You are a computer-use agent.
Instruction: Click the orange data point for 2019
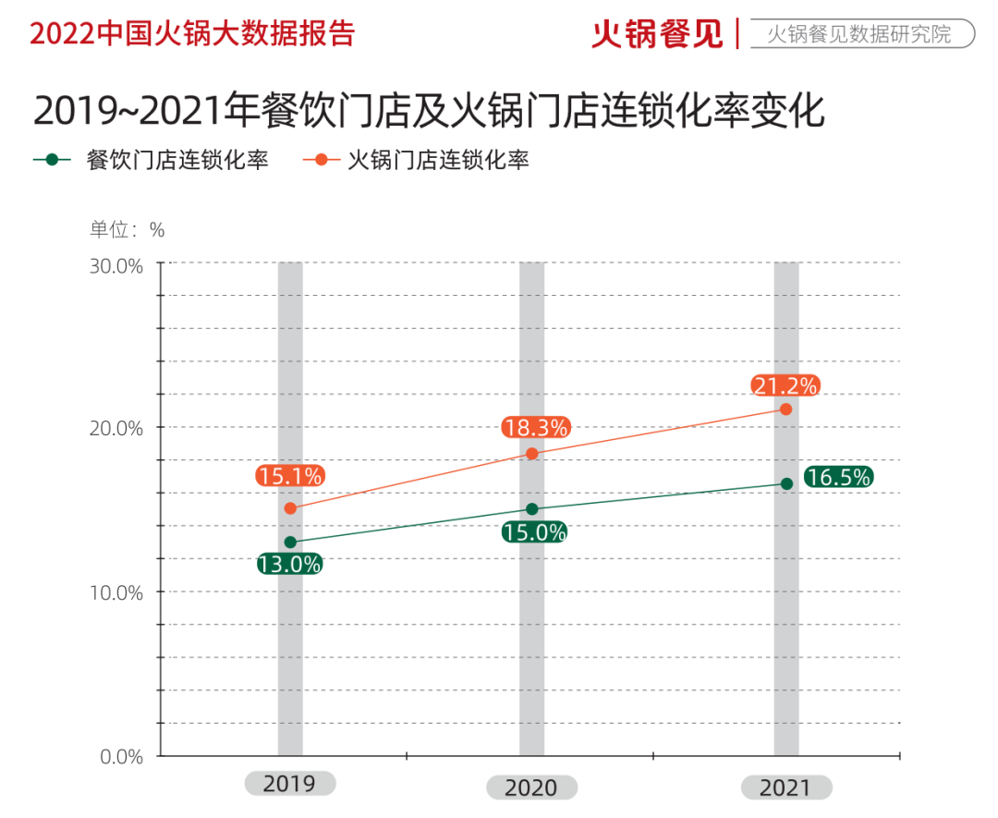(290, 508)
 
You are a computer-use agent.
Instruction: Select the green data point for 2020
(532, 509)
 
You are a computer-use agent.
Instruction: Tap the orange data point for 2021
(786, 409)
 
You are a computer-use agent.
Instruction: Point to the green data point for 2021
(786, 483)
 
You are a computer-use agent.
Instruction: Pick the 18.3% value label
(536, 428)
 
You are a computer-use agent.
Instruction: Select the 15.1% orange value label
(290, 477)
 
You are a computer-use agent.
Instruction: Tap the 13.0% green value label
(289, 564)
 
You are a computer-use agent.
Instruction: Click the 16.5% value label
(838, 477)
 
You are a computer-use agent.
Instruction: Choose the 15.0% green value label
(534, 532)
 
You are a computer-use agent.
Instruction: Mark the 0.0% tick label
(120, 757)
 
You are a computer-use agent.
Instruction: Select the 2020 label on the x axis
(531, 787)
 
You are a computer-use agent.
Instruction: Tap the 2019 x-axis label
(289, 784)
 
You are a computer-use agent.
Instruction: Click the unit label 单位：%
(127, 229)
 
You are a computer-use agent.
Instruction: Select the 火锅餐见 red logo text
(657, 34)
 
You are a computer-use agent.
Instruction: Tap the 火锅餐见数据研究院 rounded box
(858, 35)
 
